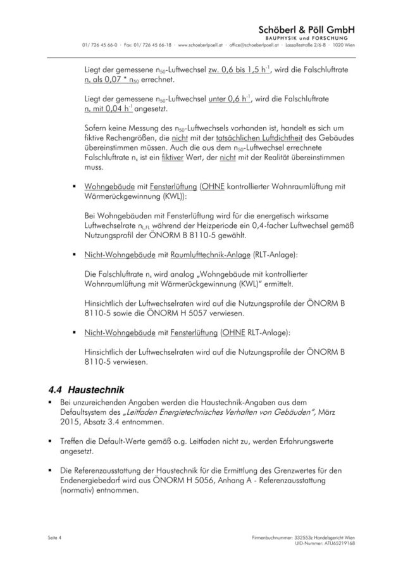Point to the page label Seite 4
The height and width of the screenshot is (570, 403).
click(56, 538)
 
